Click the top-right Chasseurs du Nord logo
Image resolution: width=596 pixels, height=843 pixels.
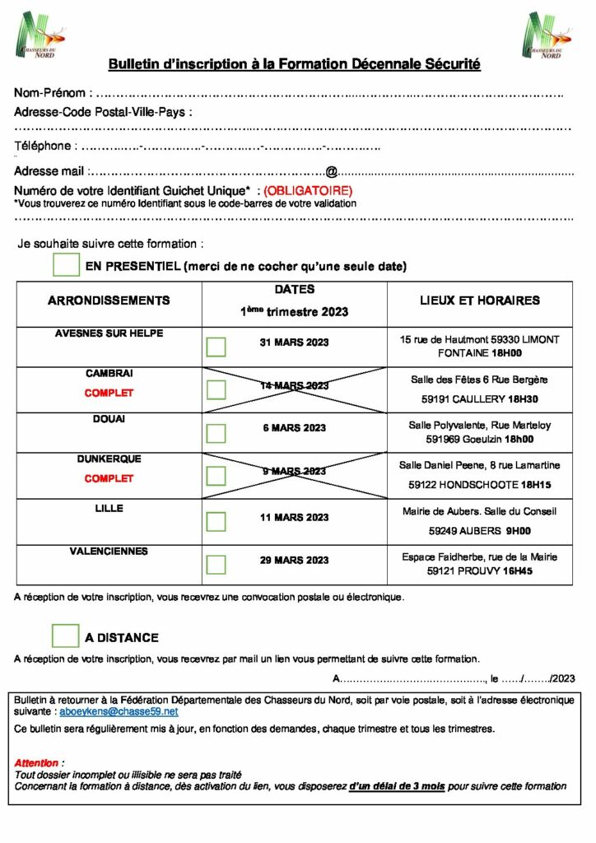tap(546, 35)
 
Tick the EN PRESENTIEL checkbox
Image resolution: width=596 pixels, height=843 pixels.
tap(66, 265)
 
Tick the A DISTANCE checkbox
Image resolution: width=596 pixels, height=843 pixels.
tap(66, 636)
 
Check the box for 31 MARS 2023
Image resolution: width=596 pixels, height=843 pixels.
tap(216, 347)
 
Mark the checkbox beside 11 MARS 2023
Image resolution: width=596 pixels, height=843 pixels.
tap(216, 522)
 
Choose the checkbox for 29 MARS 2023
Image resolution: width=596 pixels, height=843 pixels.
tap(216, 565)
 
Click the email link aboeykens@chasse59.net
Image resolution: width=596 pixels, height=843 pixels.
tap(119, 710)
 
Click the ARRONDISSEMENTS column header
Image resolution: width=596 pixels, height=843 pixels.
tap(109, 300)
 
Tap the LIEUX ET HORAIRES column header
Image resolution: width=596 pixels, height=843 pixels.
tap(479, 300)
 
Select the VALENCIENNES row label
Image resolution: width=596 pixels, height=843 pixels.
tap(109, 552)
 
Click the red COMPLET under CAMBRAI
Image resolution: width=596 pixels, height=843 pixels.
tap(109, 393)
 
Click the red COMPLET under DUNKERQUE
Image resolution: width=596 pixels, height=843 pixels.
tap(109, 478)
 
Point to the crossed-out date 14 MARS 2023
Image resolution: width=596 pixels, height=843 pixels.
tap(294, 385)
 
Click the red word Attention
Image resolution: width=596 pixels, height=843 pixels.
tap(37, 763)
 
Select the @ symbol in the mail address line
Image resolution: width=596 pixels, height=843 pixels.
tap(331, 172)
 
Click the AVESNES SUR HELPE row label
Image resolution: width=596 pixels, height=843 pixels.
tap(109, 333)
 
